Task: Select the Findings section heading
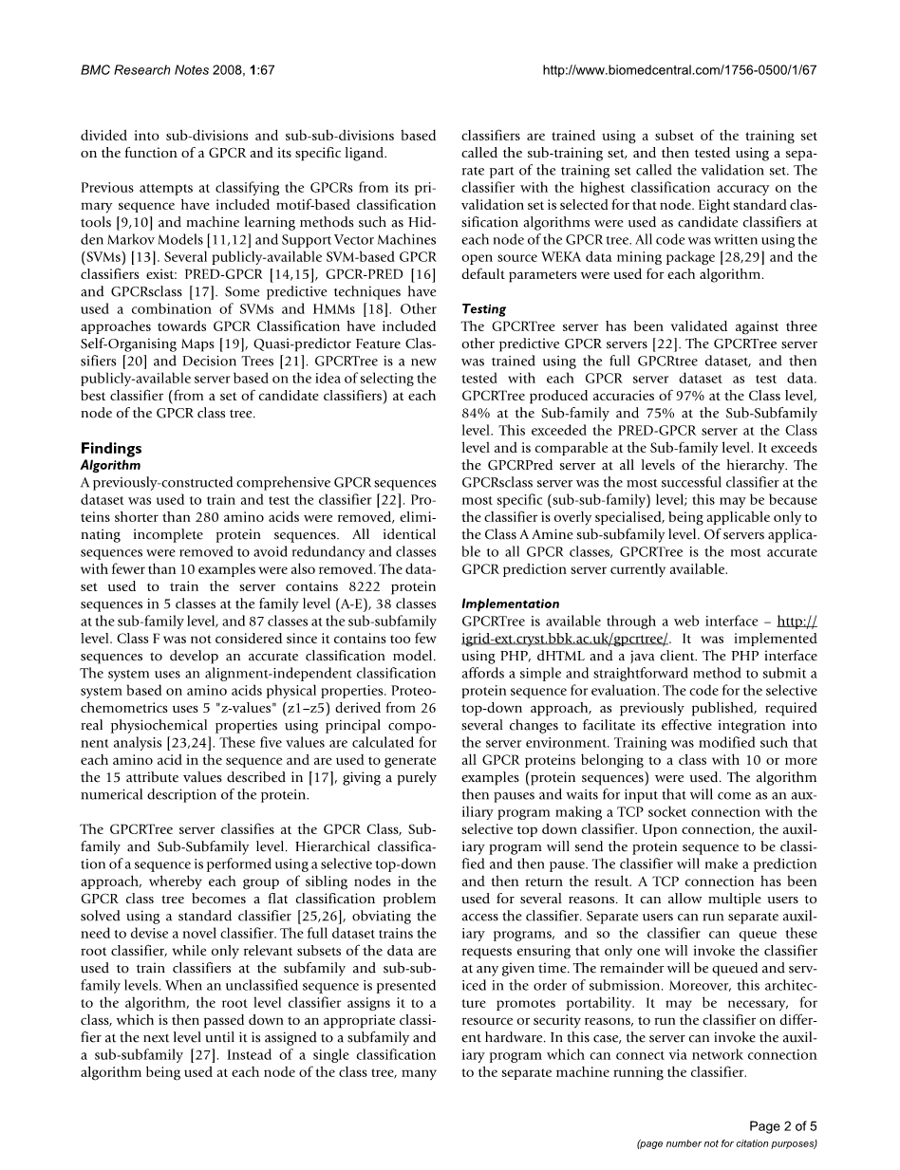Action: (111, 448)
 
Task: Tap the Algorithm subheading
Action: (110, 465)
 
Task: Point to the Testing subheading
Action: (483, 309)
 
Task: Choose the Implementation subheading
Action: (510, 604)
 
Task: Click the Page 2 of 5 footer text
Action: (782, 1126)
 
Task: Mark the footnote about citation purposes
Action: (726, 1144)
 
